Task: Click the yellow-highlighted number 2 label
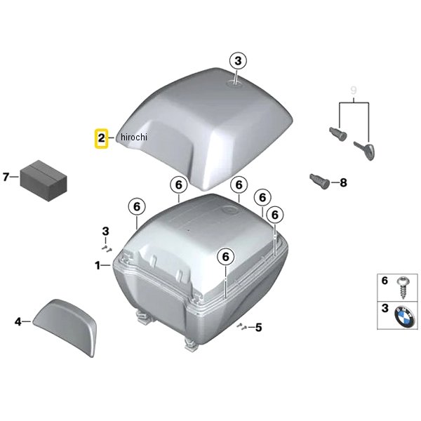pyautogui.click(x=101, y=138)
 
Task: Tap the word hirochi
pyautogui.click(x=134, y=138)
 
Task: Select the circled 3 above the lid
pyautogui.click(x=238, y=61)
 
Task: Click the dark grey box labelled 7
pyautogui.click(x=44, y=180)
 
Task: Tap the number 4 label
pyautogui.click(x=18, y=321)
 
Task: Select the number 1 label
pyautogui.click(x=98, y=265)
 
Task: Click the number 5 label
pyautogui.click(x=258, y=327)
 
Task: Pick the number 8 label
pyautogui.click(x=343, y=183)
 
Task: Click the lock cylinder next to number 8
pyautogui.click(x=320, y=181)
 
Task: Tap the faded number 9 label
pyautogui.click(x=354, y=91)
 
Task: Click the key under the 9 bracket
pyautogui.click(x=364, y=151)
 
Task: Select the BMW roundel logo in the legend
pyautogui.click(x=405, y=318)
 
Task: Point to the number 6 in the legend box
pyautogui.click(x=385, y=281)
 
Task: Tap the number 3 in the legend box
pyautogui.click(x=385, y=308)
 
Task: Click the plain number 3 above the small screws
pyautogui.click(x=105, y=231)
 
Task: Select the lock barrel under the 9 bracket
pyautogui.click(x=338, y=134)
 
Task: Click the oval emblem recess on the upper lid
pyautogui.click(x=235, y=83)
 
